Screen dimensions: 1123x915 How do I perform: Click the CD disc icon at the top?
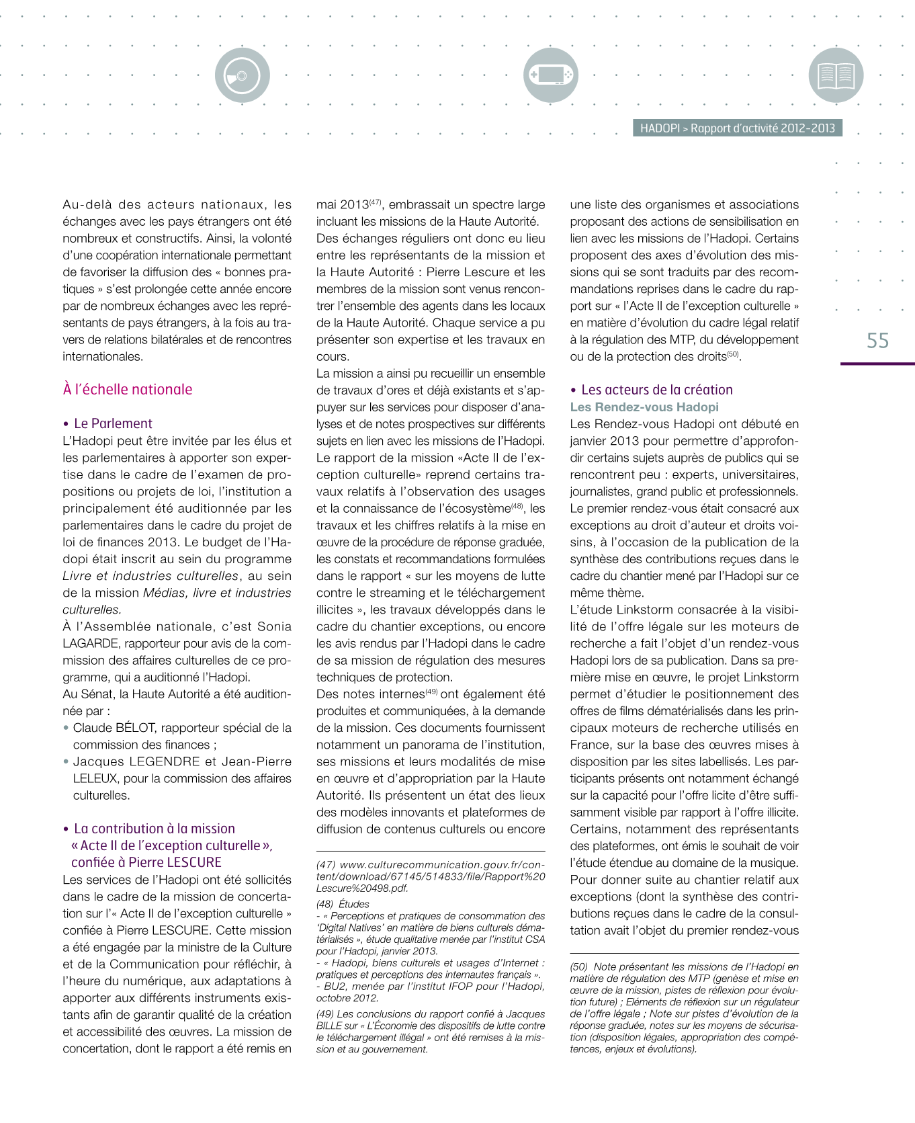click(x=242, y=75)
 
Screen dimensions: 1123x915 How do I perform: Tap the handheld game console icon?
click(x=550, y=75)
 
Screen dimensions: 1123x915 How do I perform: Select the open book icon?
click(x=836, y=75)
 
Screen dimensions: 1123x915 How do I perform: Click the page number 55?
click(x=877, y=341)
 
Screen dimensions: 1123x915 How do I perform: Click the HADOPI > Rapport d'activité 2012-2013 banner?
click(x=737, y=128)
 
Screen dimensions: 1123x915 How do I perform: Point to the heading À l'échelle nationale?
click(x=128, y=390)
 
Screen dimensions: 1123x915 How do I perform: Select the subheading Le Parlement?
click(x=113, y=423)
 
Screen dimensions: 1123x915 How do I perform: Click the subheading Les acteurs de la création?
click(x=656, y=390)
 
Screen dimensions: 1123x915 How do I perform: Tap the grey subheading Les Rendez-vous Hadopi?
click(x=644, y=407)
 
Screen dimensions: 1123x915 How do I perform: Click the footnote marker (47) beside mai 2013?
click(x=376, y=202)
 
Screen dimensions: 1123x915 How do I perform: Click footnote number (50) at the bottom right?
click(x=579, y=967)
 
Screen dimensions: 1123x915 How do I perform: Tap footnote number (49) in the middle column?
click(x=325, y=1014)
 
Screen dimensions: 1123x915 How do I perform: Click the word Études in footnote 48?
click(x=354, y=905)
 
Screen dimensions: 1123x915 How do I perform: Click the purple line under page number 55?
click(x=877, y=364)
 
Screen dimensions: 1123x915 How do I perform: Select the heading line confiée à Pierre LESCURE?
click(x=146, y=863)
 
